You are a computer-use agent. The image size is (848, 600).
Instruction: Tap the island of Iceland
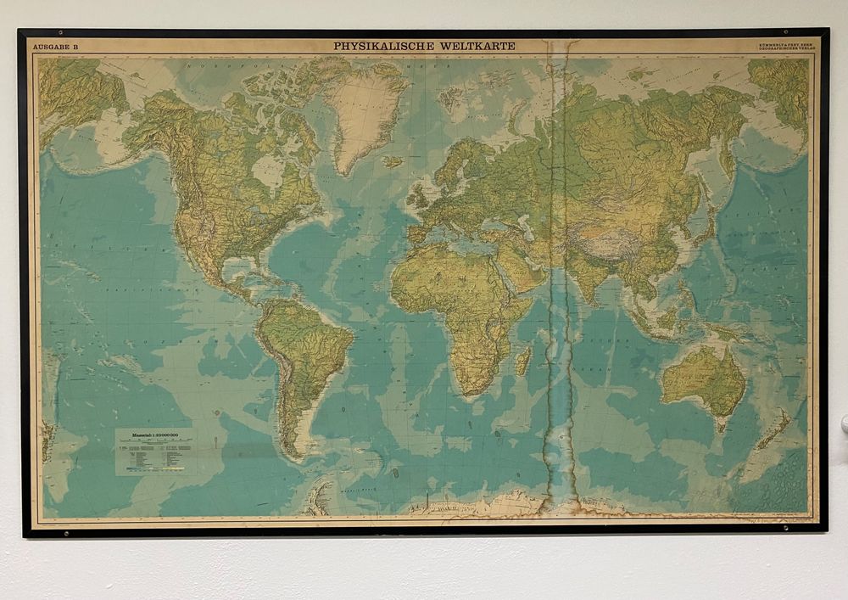tap(391, 160)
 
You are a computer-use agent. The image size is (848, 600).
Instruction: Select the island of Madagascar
tap(523, 360)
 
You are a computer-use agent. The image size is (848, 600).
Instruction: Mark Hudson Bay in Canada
tap(269, 171)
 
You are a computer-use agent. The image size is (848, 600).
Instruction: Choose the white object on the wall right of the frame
tap(844, 423)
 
